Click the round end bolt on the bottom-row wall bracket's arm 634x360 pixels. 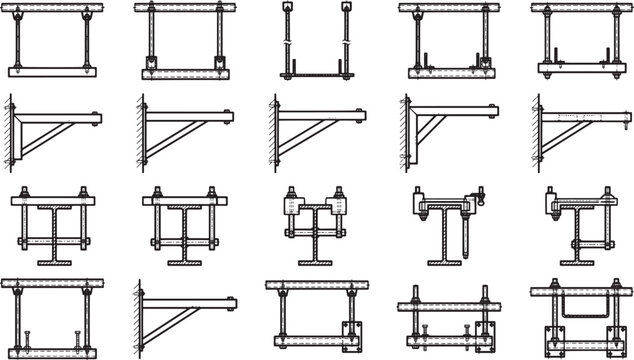point(232,300)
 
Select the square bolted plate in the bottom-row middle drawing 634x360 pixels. point(344,334)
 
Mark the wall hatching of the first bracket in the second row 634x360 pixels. point(10,130)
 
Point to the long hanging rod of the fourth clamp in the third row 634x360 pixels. point(466,235)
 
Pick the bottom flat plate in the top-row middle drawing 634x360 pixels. point(317,74)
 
